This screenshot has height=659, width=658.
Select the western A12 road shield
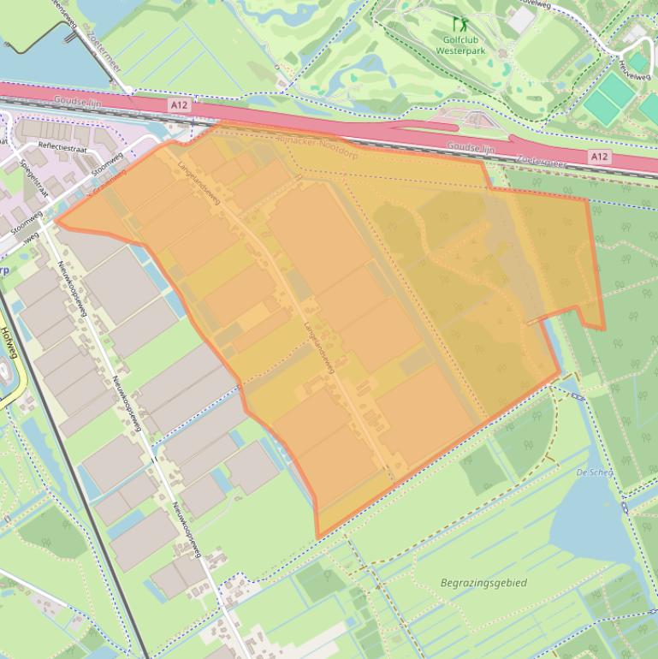pos(178,104)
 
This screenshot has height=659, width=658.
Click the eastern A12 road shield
pos(600,157)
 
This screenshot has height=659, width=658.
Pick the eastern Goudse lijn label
pos(471,148)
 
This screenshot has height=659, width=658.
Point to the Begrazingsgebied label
pos(483,583)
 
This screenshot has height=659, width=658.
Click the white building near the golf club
pos(521,20)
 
